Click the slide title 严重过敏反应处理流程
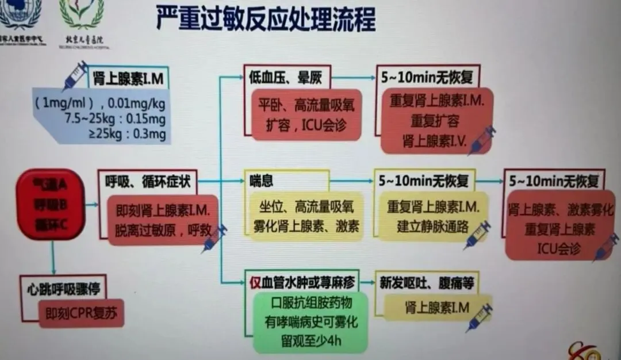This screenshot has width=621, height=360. click(x=266, y=19)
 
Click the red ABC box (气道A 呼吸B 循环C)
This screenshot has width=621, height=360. click(x=51, y=204)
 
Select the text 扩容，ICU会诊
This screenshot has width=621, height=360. click(x=305, y=124)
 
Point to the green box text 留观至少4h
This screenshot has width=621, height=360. click(x=310, y=339)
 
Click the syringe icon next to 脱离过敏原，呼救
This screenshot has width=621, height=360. click(x=214, y=238)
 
